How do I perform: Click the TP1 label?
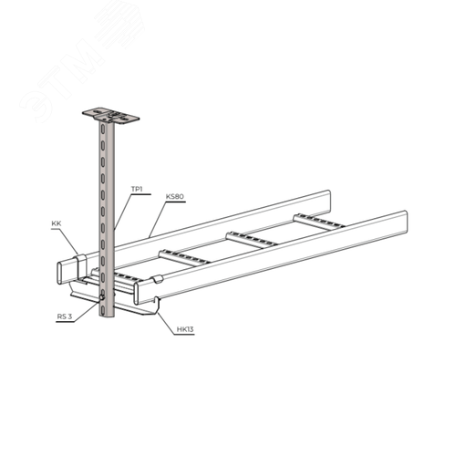click(x=137, y=189)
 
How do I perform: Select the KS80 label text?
click(x=175, y=196)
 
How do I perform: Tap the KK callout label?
click(x=57, y=223)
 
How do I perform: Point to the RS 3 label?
click(x=65, y=316)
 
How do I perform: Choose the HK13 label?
click(x=185, y=329)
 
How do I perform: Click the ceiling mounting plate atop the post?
click(x=110, y=116)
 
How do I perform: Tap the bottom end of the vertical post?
click(x=107, y=316)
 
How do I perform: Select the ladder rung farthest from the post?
click(x=319, y=221)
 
